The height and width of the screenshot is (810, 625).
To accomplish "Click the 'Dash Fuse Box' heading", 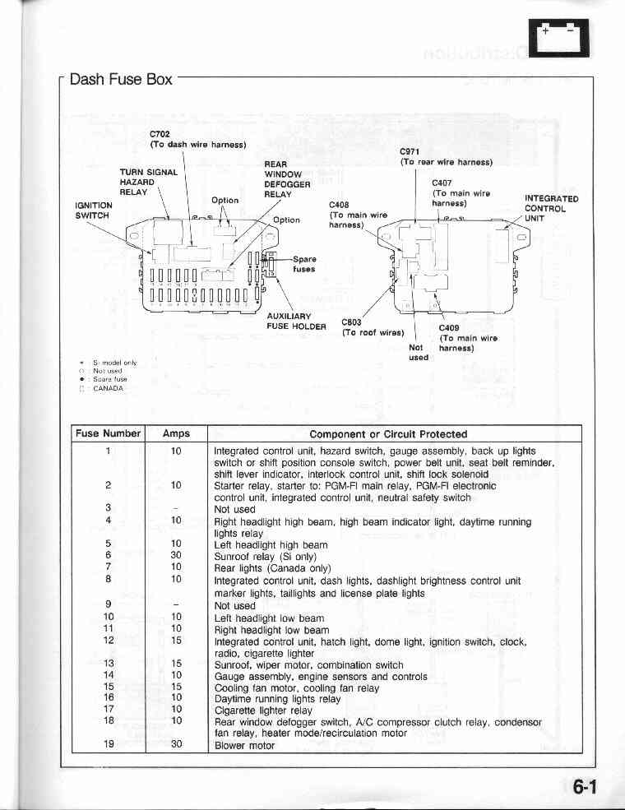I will (121, 80).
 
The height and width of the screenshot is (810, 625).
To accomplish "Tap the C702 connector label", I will (160, 134).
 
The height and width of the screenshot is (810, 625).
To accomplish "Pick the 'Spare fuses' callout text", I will (303, 264).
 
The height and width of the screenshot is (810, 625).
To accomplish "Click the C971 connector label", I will (410, 152).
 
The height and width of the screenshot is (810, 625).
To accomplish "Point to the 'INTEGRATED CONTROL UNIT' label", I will (551, 209).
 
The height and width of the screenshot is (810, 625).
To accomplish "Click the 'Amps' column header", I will (176, 433).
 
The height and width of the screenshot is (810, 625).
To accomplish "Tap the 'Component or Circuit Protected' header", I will (388, 433).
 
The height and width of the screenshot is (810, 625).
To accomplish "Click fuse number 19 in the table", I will (109, 745).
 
